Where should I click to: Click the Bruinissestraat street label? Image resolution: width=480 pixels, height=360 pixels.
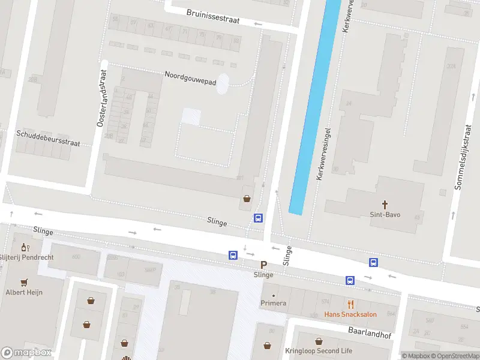tap(212, 16)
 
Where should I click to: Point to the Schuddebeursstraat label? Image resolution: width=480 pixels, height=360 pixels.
tap(48, 139)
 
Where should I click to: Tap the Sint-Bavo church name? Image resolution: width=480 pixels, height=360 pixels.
tap(385, 214)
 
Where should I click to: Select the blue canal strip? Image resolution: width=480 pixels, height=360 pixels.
tap(312, 108)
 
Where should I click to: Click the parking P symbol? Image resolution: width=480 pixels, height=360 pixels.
tap(263, 265)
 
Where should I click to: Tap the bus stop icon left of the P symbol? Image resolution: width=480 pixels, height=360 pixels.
tap(233, 256)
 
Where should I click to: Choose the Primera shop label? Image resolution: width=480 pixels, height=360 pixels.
tap(273, 304)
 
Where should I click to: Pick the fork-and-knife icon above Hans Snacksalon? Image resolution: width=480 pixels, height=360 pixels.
tap(350, 304)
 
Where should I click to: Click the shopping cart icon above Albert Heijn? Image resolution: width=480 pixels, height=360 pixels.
tap(25, 281)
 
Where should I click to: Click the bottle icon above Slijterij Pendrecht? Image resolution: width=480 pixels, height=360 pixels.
tap(25, 247)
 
